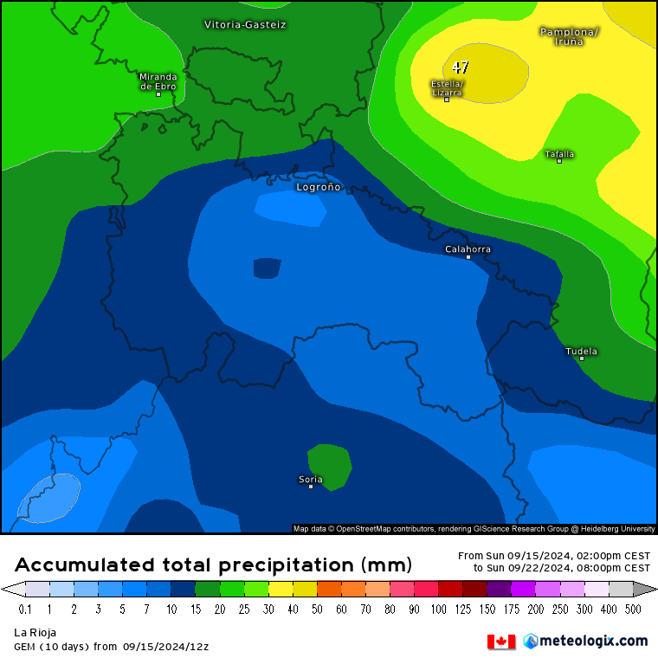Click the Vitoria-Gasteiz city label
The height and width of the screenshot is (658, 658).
(x=245, y=24)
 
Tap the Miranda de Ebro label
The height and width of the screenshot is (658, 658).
(x=158, y=81)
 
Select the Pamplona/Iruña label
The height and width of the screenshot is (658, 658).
(x=569, y=35)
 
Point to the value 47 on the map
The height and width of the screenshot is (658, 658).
(x=461, y=67)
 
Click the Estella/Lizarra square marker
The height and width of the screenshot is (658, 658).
(x=447, y=100)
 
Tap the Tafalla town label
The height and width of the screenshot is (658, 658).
(x=559, y=154)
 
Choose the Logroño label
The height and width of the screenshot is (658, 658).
(x=319, y=186)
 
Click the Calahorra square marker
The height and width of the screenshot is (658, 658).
(x=468, y=257)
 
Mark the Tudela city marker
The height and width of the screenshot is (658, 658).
(x=582, y=358)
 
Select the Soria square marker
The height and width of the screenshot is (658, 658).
(x=311, y=487)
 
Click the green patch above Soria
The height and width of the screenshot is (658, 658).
(x=330, y=465)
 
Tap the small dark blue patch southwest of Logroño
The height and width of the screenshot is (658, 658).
(x=267, y=268)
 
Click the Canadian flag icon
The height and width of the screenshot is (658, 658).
(x=501, y=642)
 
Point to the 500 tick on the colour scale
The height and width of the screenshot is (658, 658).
(x=634, y=610)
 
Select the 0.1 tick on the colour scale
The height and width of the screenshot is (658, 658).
(x=26, y=610)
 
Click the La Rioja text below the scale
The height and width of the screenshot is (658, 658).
(x=35, y=633)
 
